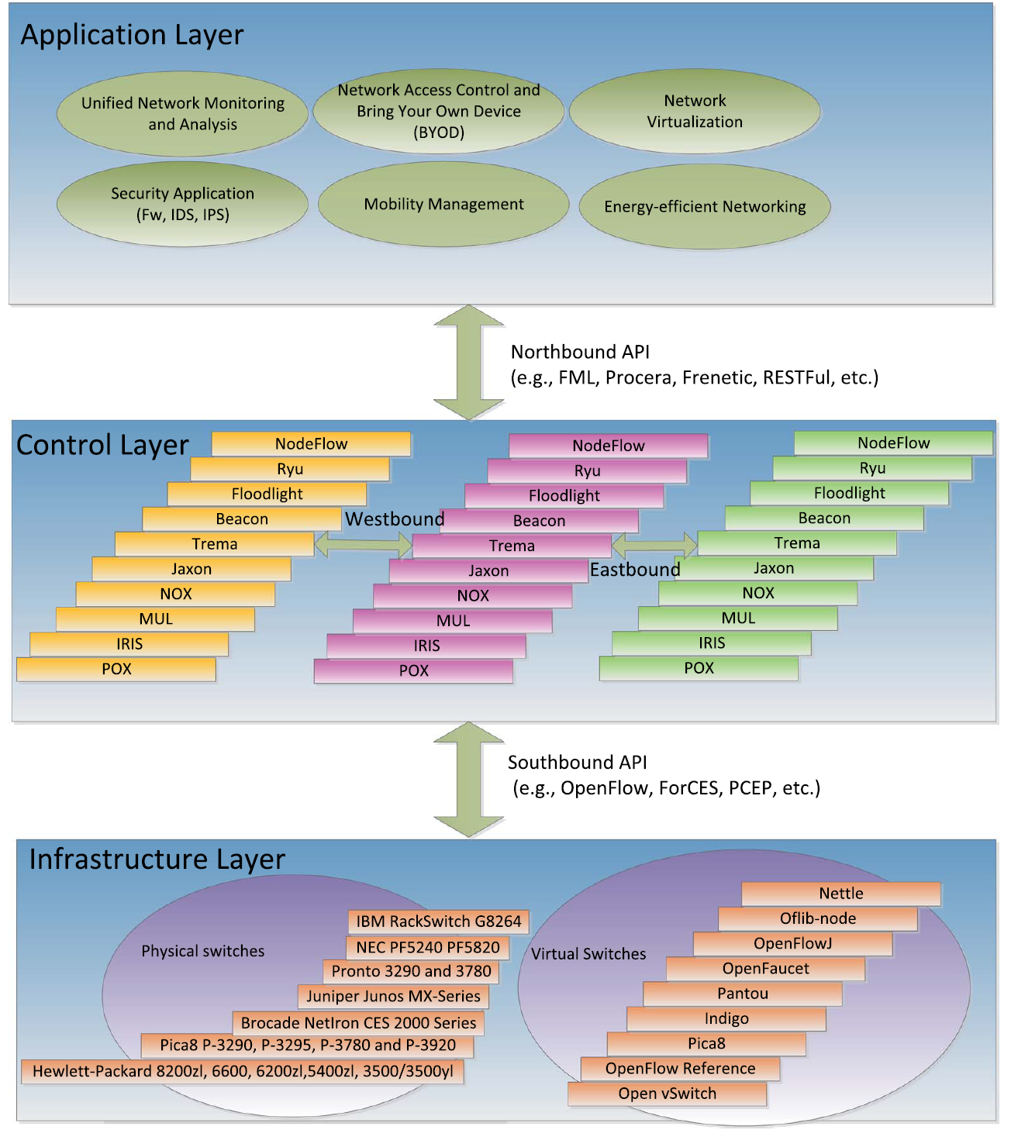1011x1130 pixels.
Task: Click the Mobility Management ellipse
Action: pyautogui.click(x=443, y=204)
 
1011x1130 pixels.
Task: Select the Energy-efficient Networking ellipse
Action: pyautogui.click(x=705, y=206)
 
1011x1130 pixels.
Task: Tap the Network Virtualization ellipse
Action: pyautogui.click(x=695, y=111)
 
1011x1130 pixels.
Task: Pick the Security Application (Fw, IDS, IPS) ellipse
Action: pyautogui.click(x=182, y=204)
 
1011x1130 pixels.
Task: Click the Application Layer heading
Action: pyautogui.click(x=133, y=35)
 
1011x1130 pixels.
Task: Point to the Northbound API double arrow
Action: pyautogui.click(x=469, y=362)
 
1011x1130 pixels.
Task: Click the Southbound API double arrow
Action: pyautogui.click(x=469, y=779)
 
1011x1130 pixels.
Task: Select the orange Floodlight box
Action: pyautogui.click(x=267, y=494)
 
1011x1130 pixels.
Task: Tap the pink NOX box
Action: pyautogui.click(x=473, y=596)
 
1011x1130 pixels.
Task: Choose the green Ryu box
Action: pyautogui.click(x=873, y=468)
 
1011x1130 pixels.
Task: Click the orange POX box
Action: pyautogui.click(x=116, y=669)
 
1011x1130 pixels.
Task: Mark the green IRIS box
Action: pyautogui.click(x=712, y=643)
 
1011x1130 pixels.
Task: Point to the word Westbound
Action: pyautogui.click(x=395, y=519)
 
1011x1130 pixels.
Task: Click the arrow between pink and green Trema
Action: pyautogui.click(x=654, y=544)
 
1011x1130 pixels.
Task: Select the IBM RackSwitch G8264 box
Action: pyautogui.click(x=439, y=921)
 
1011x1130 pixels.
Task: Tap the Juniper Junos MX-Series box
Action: pyautogui.click(x=393, y=996)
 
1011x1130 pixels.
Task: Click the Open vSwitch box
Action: pyautogui.click(x=668, y=1094)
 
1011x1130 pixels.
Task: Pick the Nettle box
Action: pyautogui.click(x=841, y=894)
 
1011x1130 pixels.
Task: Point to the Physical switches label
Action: pyautogui.click(x=203, y=951)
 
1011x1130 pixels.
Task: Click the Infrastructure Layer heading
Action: pyautogui.click(x=157, y=860)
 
